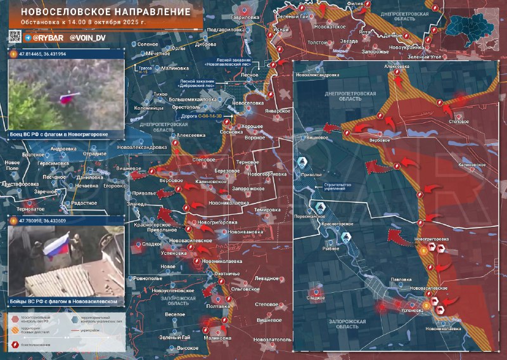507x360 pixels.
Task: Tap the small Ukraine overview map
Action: click(472, 29)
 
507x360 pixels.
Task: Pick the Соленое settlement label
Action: click(147, 44)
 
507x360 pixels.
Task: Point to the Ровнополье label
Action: click(148, 278)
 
